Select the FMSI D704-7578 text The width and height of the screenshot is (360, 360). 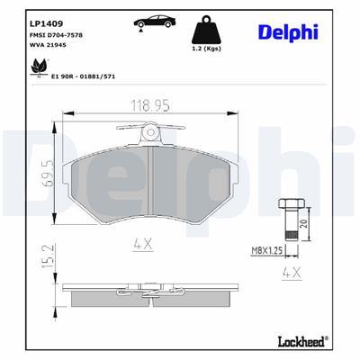pos(56,34)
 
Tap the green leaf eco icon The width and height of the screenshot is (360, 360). pos(40,67)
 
